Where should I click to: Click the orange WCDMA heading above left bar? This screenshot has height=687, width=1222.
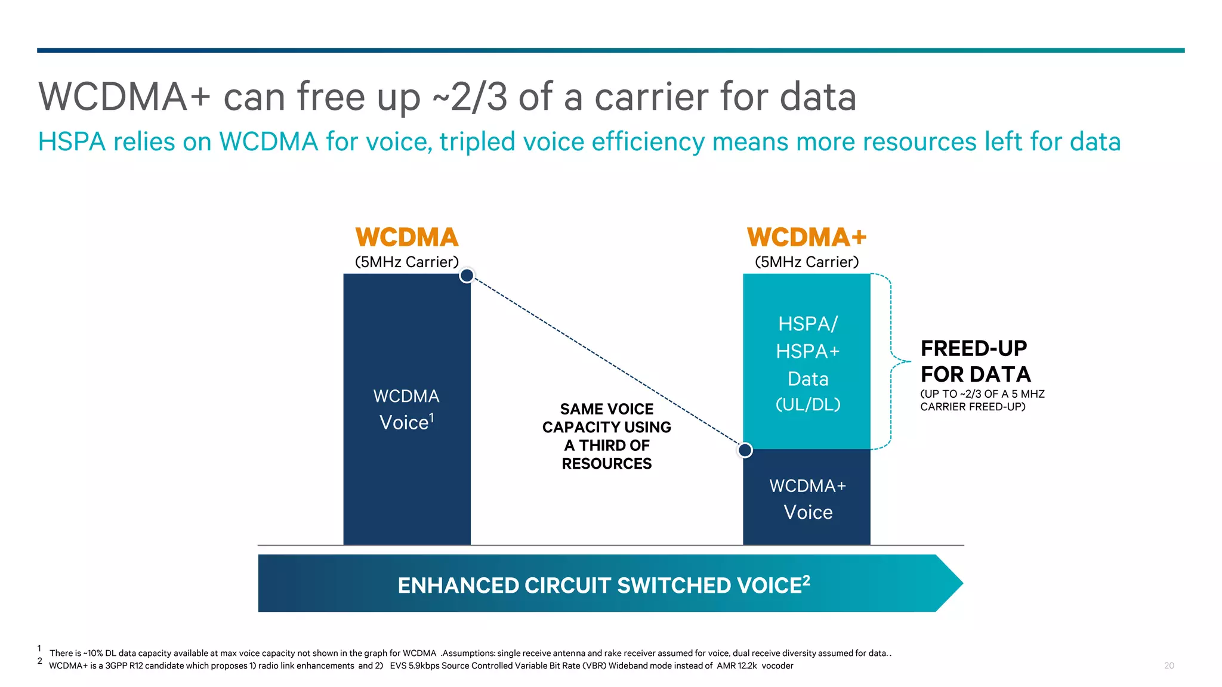click(x=406, y=237)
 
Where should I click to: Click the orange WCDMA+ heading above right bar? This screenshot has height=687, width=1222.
click(x=806, y=237)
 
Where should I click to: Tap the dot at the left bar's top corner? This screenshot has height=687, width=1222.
click(x=467, y=276)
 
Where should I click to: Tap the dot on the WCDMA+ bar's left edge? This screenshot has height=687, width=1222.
click(x=745, y=450)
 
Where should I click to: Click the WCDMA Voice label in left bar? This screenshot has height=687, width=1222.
click(x=406, y=410)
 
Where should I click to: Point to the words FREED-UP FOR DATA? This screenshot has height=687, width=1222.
click(x=975, y=361)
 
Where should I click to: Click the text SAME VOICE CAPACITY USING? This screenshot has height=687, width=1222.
click(x=606, y=418)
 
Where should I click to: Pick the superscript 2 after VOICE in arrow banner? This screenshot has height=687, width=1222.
click(x=806, y=580)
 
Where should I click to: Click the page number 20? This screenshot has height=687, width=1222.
click(x=1168, y=666)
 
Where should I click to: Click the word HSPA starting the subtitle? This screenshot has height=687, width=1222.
click(x=72, y=142)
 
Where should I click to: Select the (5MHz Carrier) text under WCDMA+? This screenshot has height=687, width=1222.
click(x=806, y=262)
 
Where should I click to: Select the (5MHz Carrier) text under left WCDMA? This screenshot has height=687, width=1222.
click(x=406, y=262)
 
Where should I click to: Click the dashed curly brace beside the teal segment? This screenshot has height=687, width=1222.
click(x=891, y=361)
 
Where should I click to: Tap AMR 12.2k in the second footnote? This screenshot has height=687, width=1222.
click(x=736, y=666)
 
